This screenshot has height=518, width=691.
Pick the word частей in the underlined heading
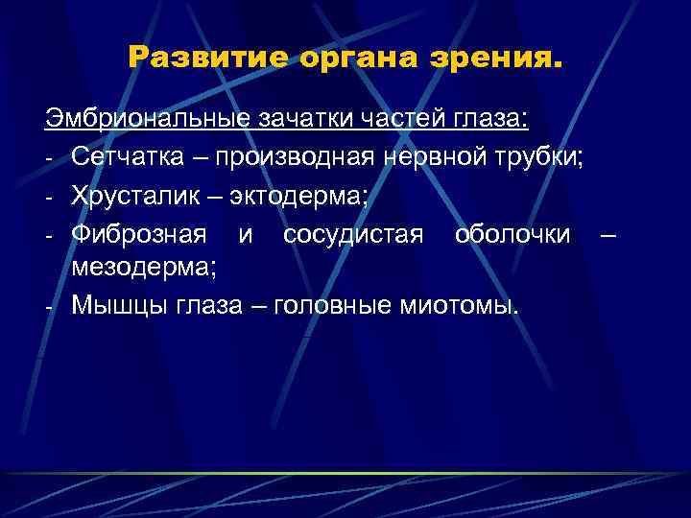(x=401, y=120)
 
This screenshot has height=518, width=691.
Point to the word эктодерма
(x=314, y=194)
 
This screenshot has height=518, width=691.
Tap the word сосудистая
(x=353, y=231)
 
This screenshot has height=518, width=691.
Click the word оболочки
(x=512, y=231)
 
